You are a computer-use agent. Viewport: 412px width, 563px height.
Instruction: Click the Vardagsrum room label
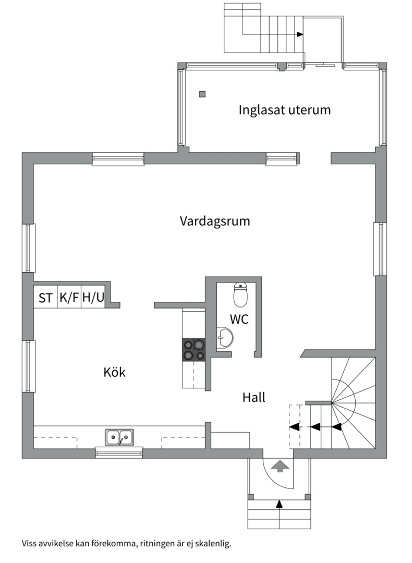pos(215,221)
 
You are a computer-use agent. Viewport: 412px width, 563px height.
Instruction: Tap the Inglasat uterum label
pos(285,110)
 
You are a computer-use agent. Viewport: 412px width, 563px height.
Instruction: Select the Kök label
pos(114,373)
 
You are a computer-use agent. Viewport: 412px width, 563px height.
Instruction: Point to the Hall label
pos(254,398)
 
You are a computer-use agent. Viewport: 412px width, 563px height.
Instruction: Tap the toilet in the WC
pos(240,295)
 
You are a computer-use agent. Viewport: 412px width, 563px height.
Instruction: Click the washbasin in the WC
pos(225,338)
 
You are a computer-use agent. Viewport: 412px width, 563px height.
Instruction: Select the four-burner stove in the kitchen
pos(193,350)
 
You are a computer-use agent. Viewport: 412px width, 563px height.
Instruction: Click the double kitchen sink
pos(119,437)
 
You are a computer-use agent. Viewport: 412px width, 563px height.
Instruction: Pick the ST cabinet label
pos(45,298)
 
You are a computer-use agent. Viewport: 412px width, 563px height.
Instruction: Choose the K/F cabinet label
pos(69,298)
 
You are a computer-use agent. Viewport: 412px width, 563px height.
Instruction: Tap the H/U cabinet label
pos(93,298)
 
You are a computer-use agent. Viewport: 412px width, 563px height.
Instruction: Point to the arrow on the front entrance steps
pos(280,504)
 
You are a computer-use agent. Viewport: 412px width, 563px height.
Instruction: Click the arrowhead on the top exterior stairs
pos(300,34)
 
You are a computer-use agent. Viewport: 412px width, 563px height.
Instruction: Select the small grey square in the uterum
pos(202,94)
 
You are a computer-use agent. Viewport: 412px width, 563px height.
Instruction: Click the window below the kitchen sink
pos(119,452)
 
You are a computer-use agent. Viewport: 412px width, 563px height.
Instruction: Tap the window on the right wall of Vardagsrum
pos(380,249)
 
